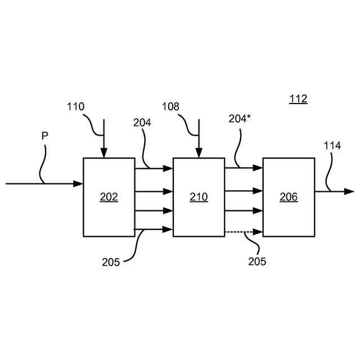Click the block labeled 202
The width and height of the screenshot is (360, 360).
point(109,197)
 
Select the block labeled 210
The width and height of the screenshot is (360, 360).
point(199,197)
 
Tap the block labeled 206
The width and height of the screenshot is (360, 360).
point(289,197)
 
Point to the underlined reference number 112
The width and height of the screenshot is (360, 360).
point(298,100)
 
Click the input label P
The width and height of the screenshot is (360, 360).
point(44,136)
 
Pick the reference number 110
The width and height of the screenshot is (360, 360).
point(75,106)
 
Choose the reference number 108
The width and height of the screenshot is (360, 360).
point(171,106)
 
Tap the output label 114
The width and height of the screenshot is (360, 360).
point(332,146)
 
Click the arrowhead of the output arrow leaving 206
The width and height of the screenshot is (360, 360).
point(349,192)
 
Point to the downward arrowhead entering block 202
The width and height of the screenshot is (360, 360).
point(103,153)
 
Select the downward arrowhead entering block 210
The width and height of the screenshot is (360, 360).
point(199,153)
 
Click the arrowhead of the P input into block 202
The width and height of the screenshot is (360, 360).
point(78,183)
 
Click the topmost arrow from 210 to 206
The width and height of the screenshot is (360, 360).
point(244,168)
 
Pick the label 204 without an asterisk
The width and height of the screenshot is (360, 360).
point(142,123)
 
